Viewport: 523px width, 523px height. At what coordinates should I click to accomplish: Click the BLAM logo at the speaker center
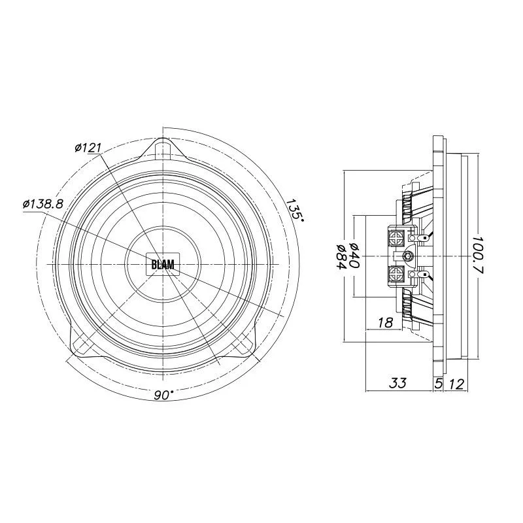tap(163, 264)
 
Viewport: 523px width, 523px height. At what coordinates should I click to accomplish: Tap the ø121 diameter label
tap(88, 148)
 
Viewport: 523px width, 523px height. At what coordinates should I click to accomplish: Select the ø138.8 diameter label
tap(43, 204)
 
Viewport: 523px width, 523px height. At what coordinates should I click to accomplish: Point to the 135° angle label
tap(295, 209)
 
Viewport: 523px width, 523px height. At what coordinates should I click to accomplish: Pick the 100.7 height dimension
tap(479, 255)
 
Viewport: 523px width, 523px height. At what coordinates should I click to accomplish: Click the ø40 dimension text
tap(353, 256)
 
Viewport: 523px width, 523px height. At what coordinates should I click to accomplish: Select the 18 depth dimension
tap(385, 322)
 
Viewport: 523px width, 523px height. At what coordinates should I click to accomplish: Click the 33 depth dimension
tap(398, 383)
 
